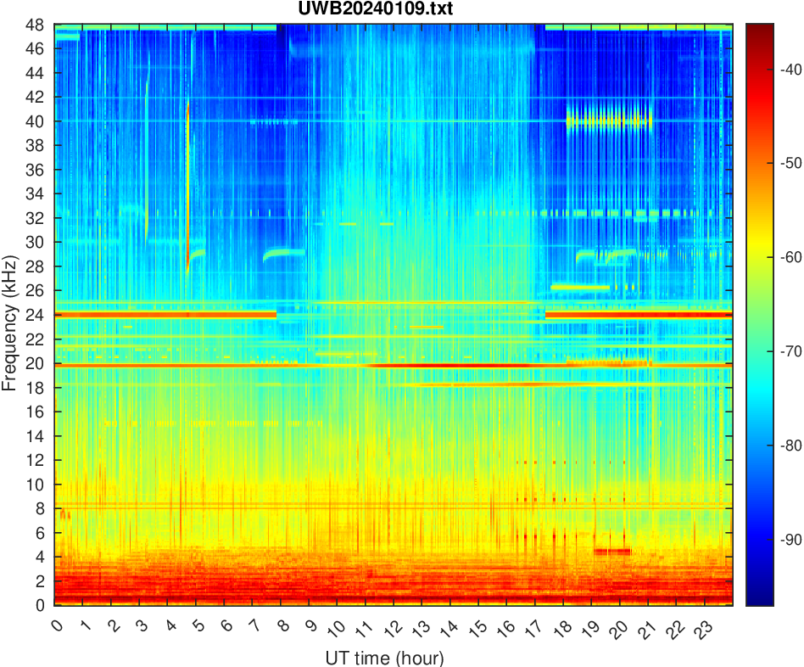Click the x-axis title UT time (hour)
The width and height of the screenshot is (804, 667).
(384, 658)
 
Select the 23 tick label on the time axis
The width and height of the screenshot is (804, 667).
(701, 629)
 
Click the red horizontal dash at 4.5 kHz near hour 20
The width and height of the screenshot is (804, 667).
(611, 551)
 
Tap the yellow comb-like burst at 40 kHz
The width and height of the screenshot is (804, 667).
(609, 121)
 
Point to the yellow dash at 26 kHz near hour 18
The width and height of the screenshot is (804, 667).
(581, 288)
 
